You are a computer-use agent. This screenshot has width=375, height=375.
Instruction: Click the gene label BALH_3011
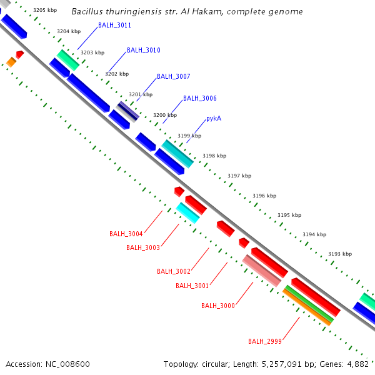coord(114,26)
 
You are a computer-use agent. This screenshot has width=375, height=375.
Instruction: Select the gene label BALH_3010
coord(143,50)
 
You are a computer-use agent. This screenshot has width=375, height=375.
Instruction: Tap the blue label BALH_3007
coord(173,76)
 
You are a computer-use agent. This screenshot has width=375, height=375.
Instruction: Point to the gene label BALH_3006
coord(199,99)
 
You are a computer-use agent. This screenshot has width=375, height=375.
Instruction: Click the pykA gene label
coord(214,119)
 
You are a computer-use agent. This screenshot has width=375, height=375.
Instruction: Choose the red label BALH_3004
coord(126,234)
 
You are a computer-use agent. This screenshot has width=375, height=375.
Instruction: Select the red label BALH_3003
coord(142,247)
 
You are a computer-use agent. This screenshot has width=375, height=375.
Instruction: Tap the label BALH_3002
coord(173,271)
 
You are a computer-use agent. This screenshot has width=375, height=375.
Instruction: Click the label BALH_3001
coord(192,286)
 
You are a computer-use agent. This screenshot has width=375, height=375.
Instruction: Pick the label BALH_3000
coord(217,306)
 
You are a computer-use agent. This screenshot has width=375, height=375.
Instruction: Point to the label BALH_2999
coord(264,341)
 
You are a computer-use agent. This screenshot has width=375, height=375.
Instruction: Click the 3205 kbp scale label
coord(45,11)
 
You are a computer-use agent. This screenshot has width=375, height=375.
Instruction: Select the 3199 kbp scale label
coord(189,136)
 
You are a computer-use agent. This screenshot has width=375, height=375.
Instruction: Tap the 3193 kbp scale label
coord(340,254)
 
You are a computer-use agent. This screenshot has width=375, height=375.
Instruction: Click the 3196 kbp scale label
coord(264,196)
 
